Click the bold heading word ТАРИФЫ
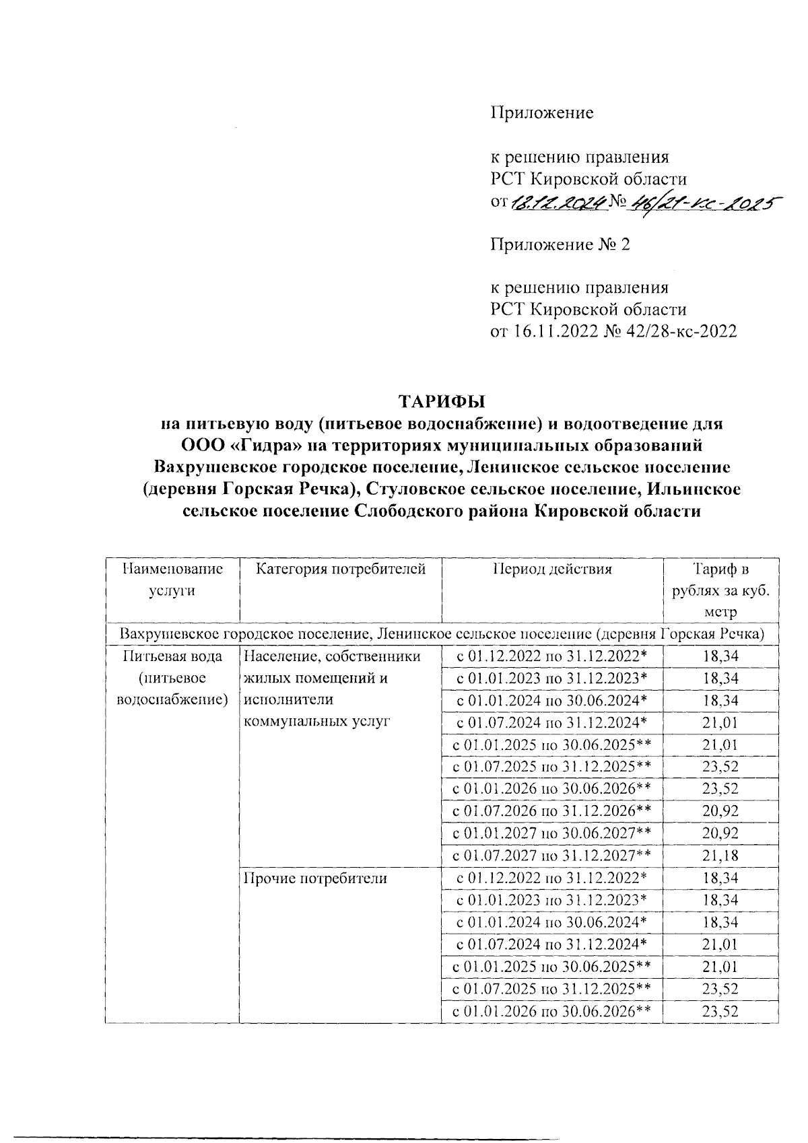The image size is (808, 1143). pos(442,402)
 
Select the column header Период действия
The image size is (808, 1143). pos(552,569)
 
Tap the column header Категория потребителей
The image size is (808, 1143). pos(341,569)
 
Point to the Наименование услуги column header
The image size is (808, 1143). pos(173,580)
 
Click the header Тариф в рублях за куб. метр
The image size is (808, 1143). pos(720,590)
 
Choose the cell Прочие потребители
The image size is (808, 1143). pos(315,878)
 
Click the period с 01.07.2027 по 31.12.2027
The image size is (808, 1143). pos(552,856)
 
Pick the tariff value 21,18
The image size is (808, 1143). pos(720,856)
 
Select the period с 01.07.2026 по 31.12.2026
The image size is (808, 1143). pos(552,811)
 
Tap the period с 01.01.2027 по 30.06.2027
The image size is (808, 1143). pos(552,833)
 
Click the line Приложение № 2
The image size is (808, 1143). pos(560,244)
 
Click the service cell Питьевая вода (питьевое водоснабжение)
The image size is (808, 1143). pos(173,678)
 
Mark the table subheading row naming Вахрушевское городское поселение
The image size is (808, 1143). pos(442,634)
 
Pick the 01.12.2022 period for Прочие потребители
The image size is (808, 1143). pos(552,878)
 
